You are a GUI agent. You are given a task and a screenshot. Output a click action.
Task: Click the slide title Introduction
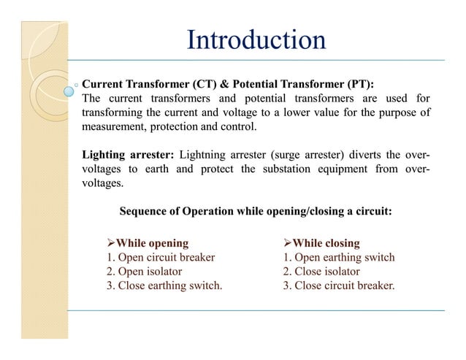coord(256,40)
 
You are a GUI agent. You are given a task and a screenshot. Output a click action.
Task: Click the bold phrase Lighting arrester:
coord(128,155)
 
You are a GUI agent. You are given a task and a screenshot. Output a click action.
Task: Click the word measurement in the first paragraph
coord(113,126)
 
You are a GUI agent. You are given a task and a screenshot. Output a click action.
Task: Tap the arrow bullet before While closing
coord(288,243)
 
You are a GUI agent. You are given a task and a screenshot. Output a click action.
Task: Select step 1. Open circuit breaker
coord(161,257)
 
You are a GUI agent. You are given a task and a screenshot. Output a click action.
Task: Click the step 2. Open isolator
coord(144,271)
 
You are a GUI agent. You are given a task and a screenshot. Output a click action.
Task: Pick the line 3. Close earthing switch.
coord(164,285)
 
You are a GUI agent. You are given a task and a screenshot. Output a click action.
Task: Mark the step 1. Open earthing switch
coord(339,257)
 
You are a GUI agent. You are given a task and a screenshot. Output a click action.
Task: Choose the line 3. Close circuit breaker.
coord(339,285)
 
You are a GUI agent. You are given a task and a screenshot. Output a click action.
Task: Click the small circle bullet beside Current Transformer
coord(77,84)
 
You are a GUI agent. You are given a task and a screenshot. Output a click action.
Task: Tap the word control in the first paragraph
coord(239,126)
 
